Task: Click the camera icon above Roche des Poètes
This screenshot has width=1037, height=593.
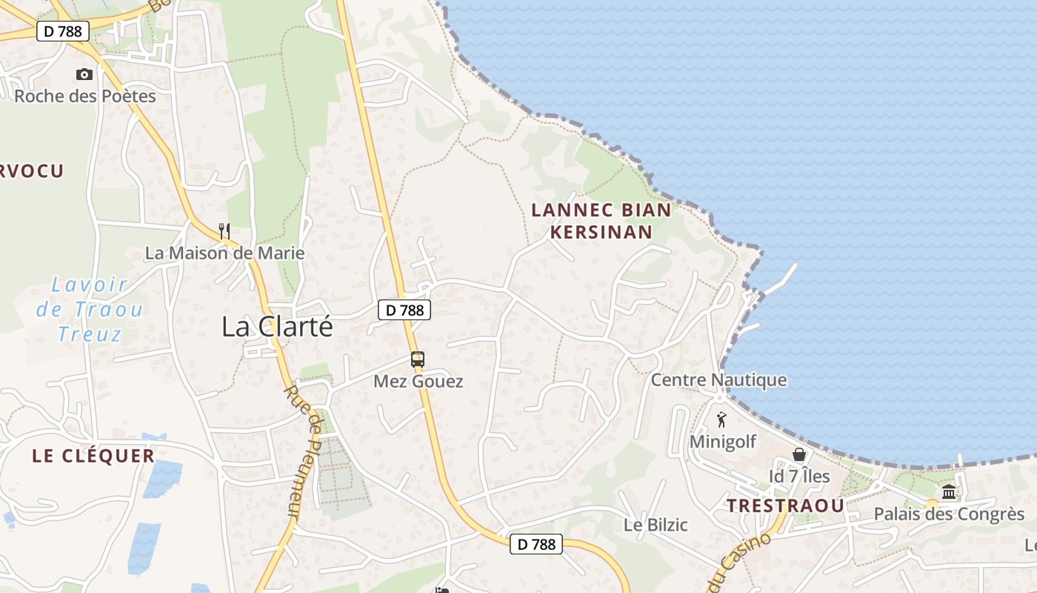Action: [x=84, y=74]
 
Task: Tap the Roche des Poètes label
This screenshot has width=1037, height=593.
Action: [x=85, y=96]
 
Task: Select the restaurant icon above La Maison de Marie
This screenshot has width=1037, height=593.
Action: [x=225, y=231]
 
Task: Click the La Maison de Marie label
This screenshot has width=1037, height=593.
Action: [x=224, y=253]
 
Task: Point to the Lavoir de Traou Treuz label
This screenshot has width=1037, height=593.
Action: [x=90, y=309]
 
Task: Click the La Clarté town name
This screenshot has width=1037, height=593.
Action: [x=278, y=327]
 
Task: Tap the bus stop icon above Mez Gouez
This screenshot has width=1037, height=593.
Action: [x=418, y=360]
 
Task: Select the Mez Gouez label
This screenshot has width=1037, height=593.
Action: [x=419, y=382]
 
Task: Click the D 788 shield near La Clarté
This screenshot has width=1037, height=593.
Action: [x=404, y=310]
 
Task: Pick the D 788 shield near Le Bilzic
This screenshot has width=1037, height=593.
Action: [x=536, y=544]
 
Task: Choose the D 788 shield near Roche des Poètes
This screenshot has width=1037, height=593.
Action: [x=64, y=31]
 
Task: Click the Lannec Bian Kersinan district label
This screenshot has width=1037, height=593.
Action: [x=601, y=221]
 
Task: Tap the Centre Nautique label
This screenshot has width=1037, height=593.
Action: [x=718, y=380]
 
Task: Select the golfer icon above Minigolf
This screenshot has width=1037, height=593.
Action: [x=722, y=420]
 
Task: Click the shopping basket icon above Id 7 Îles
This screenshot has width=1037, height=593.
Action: [x=799, y=454]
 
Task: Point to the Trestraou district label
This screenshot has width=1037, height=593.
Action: [x=785, y=506]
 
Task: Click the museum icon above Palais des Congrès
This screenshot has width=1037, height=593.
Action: [x=949, y=492]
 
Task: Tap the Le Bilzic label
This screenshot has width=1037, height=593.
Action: [x=656, y=525]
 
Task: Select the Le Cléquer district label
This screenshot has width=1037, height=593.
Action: [x=93, y=456]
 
